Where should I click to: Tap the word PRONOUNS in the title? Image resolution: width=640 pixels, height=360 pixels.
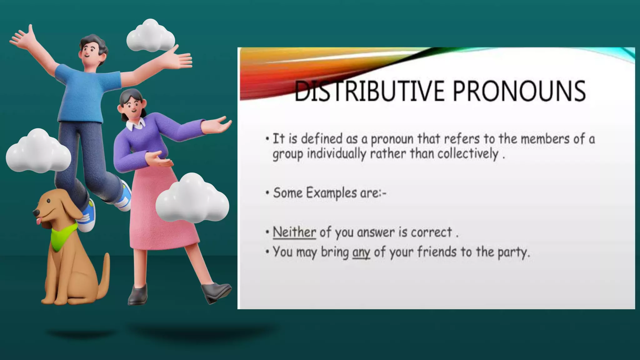tap(519, 91)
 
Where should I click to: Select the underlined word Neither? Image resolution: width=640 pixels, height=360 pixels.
tap(294, 232)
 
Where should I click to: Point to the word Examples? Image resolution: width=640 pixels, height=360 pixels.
tap(331, 193)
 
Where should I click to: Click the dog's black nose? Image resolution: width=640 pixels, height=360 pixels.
tap(36, 213)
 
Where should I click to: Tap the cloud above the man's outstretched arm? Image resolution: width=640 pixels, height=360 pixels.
tap(151, 37)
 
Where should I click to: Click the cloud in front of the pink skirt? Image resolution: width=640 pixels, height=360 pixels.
tap(192, 200)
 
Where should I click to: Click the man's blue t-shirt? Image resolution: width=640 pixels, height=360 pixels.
tap(84, 94)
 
